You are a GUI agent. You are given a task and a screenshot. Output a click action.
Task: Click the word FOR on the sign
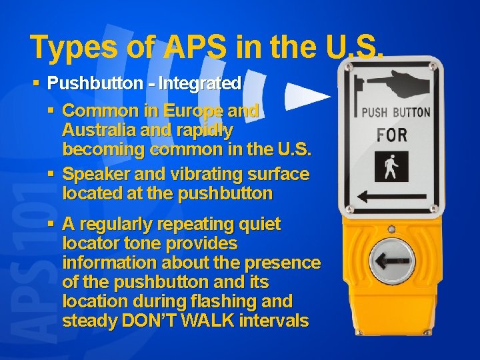(x=391, y=135)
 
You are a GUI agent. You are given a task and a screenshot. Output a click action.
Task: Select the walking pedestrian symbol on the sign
(x=392, y=167)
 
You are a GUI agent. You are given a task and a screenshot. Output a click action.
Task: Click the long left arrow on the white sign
(x=393, y=197)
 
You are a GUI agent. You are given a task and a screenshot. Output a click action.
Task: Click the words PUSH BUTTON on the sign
(x=395, y=113)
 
